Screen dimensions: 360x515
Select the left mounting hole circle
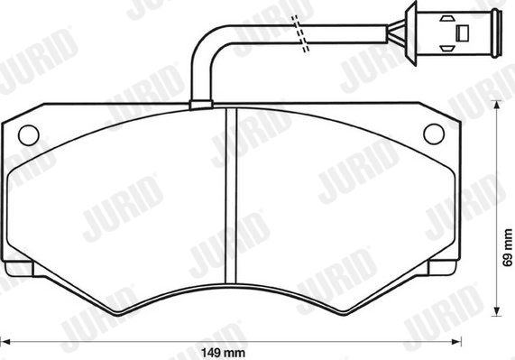tap(28, 135)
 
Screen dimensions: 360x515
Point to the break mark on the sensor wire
tap(304, 35)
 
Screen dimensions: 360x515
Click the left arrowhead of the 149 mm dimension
tap(10, 340)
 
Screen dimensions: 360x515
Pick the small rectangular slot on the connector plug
tap(463, 32)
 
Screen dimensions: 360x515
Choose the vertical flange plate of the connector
tap(408, 33)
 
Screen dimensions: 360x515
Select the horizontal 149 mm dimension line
tap(135, 340)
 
